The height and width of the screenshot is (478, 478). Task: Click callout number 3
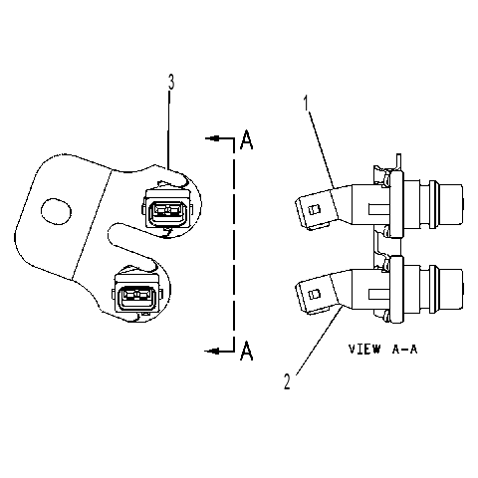(x=171, y=83)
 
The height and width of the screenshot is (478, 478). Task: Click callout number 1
(x=306, y=104)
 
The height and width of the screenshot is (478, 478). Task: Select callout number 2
(x=287, y=381)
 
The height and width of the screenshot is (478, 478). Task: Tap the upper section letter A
(x=246, y=139)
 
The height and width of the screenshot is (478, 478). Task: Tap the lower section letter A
(x=246, y=351)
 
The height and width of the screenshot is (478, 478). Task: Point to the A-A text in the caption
(x=404, y=349)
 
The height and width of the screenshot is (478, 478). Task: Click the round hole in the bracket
(x=56, y=211)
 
